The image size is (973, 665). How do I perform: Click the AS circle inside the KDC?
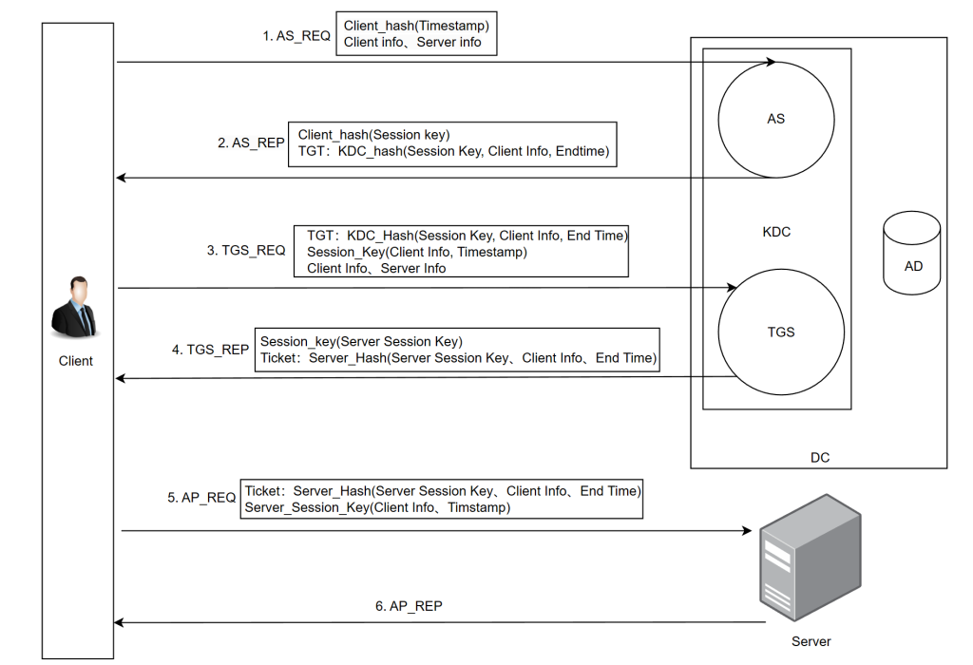click(775, 120)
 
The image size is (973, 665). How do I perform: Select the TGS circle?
click(780, 332)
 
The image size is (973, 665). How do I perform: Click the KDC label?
click(776, 232)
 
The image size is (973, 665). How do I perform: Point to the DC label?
click(819, 457)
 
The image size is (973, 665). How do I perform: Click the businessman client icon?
click(75, 310)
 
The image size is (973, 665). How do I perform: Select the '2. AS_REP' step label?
click(251, 142)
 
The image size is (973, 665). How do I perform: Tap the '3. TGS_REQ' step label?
click(246, 251)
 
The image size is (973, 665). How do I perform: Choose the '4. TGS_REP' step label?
click(210, 350)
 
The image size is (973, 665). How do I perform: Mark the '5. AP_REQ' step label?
click(201, 497)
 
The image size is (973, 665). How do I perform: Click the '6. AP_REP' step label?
click(409, 605)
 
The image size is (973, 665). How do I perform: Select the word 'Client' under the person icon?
click(76, 361)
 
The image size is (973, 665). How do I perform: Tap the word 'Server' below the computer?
click(811, 641)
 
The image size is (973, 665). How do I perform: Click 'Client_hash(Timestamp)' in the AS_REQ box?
click(416, 26)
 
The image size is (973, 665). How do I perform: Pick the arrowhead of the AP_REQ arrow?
click(746, 531)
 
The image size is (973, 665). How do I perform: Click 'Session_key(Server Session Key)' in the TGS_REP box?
click(361, 341)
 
